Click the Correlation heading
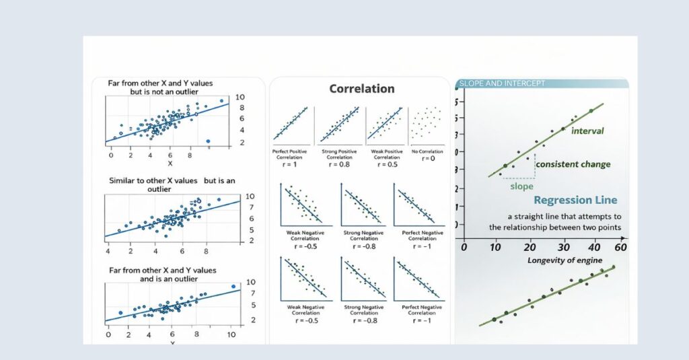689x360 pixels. coord(361,89)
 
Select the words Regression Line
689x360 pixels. coord(575,201)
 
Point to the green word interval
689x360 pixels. coord(587,131)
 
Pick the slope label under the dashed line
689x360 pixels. coord(522,186)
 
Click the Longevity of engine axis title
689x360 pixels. coord(565,260)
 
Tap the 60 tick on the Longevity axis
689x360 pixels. coord(620,247)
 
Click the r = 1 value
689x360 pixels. coord(289,159)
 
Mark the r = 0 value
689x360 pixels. coord(427,158)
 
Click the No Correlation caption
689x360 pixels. coord(427,151)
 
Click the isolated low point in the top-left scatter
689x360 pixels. coord(208,141)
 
